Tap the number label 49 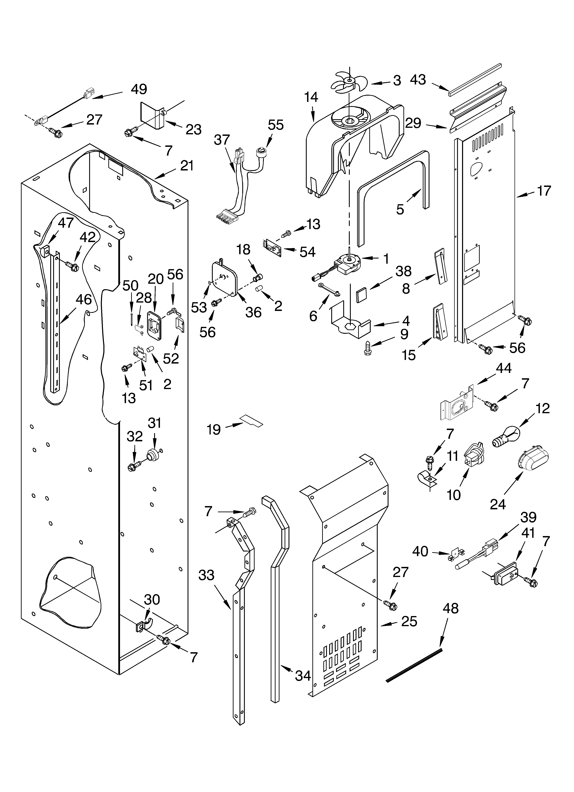tap(139, 89)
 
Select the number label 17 tap(544, 191)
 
